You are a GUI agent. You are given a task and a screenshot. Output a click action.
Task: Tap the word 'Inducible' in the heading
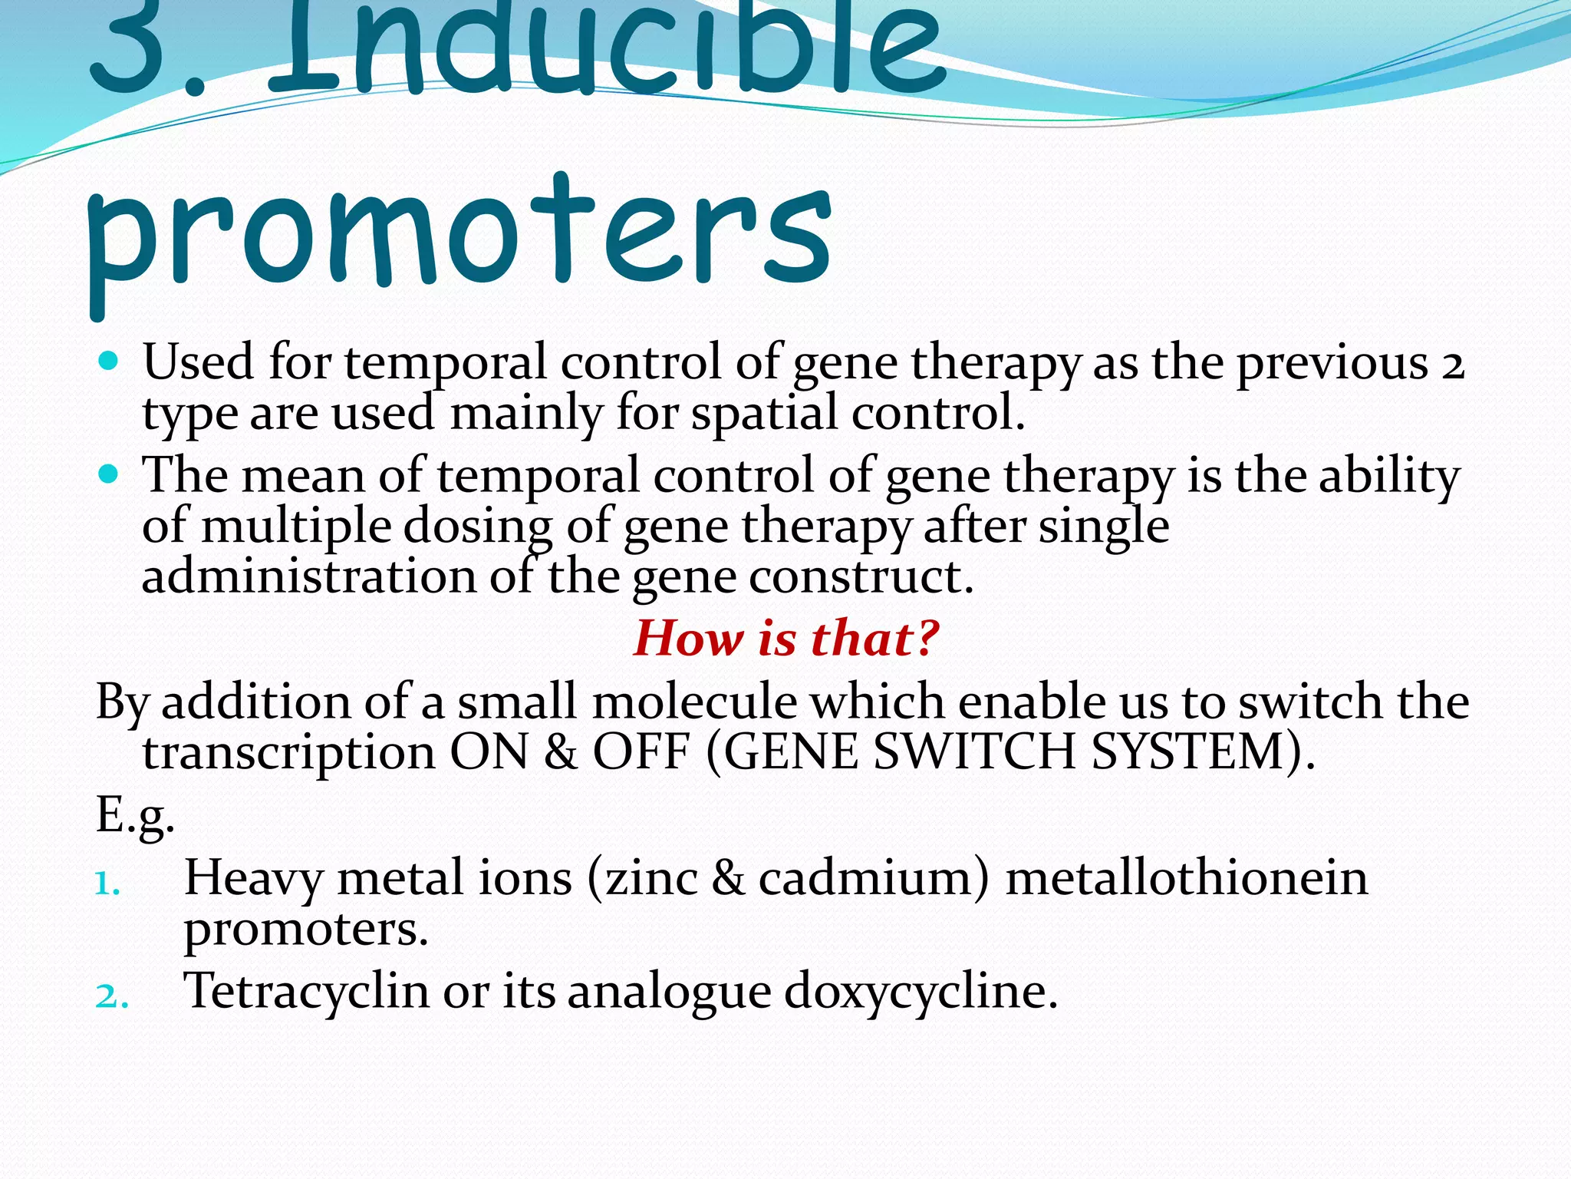[x=606, y=46]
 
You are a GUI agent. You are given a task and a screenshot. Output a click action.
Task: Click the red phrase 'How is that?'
[x=785, y=638]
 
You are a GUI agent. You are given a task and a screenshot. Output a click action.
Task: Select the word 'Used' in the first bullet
[x=198, y=362]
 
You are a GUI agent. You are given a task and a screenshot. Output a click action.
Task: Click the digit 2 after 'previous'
[x=1452, y=365]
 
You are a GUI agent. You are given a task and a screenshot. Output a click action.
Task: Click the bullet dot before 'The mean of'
[x=109, y=474]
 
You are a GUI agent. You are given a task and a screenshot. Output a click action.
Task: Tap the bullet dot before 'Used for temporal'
[x=109, y=361]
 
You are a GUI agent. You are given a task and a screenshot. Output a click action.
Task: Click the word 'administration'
[x=308, y=577]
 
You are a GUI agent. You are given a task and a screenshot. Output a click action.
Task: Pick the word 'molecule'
[x=694, y=702]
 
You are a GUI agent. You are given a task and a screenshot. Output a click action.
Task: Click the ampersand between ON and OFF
[x=560, y=752]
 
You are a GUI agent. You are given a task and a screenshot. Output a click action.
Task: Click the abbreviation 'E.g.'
[x=135, y=817]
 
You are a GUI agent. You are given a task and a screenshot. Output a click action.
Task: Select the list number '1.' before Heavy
[x=107, y=884]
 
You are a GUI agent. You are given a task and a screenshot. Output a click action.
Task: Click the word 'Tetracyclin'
[x=306, y=991]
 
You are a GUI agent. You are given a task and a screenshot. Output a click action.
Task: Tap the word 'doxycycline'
[x=919, y=992]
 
